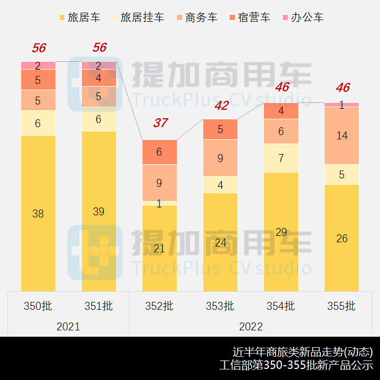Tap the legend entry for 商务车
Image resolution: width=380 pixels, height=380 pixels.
pos(195,17)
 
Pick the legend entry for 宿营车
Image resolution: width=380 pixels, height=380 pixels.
pos(248,17)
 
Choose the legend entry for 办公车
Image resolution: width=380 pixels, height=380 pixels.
pos(301,17)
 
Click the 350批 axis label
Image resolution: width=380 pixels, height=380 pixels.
pos(38,306)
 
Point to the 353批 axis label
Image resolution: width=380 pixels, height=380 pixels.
pos(220,306)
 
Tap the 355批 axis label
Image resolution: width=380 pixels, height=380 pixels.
pos(341,306)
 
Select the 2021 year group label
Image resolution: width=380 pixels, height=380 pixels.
pos(68,326)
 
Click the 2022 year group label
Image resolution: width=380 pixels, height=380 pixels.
pos(250,326)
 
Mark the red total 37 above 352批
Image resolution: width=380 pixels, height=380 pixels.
pos(160,123)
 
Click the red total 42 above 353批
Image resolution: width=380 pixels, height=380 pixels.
pos(221,106)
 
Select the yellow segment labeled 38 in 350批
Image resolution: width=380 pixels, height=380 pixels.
pos(38,213)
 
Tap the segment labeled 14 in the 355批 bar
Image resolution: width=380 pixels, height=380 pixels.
pos(341,136)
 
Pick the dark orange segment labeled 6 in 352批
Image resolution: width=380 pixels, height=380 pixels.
pos(159,152)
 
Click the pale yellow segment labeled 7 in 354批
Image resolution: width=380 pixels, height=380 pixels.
pos(281,158)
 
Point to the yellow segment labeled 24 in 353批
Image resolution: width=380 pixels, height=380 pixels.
pos(220,242)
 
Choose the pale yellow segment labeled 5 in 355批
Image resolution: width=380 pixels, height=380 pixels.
pos(341,174)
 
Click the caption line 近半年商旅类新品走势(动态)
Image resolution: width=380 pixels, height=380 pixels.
pos(302,351)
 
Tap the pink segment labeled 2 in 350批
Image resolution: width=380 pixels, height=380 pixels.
pos(38,65)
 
